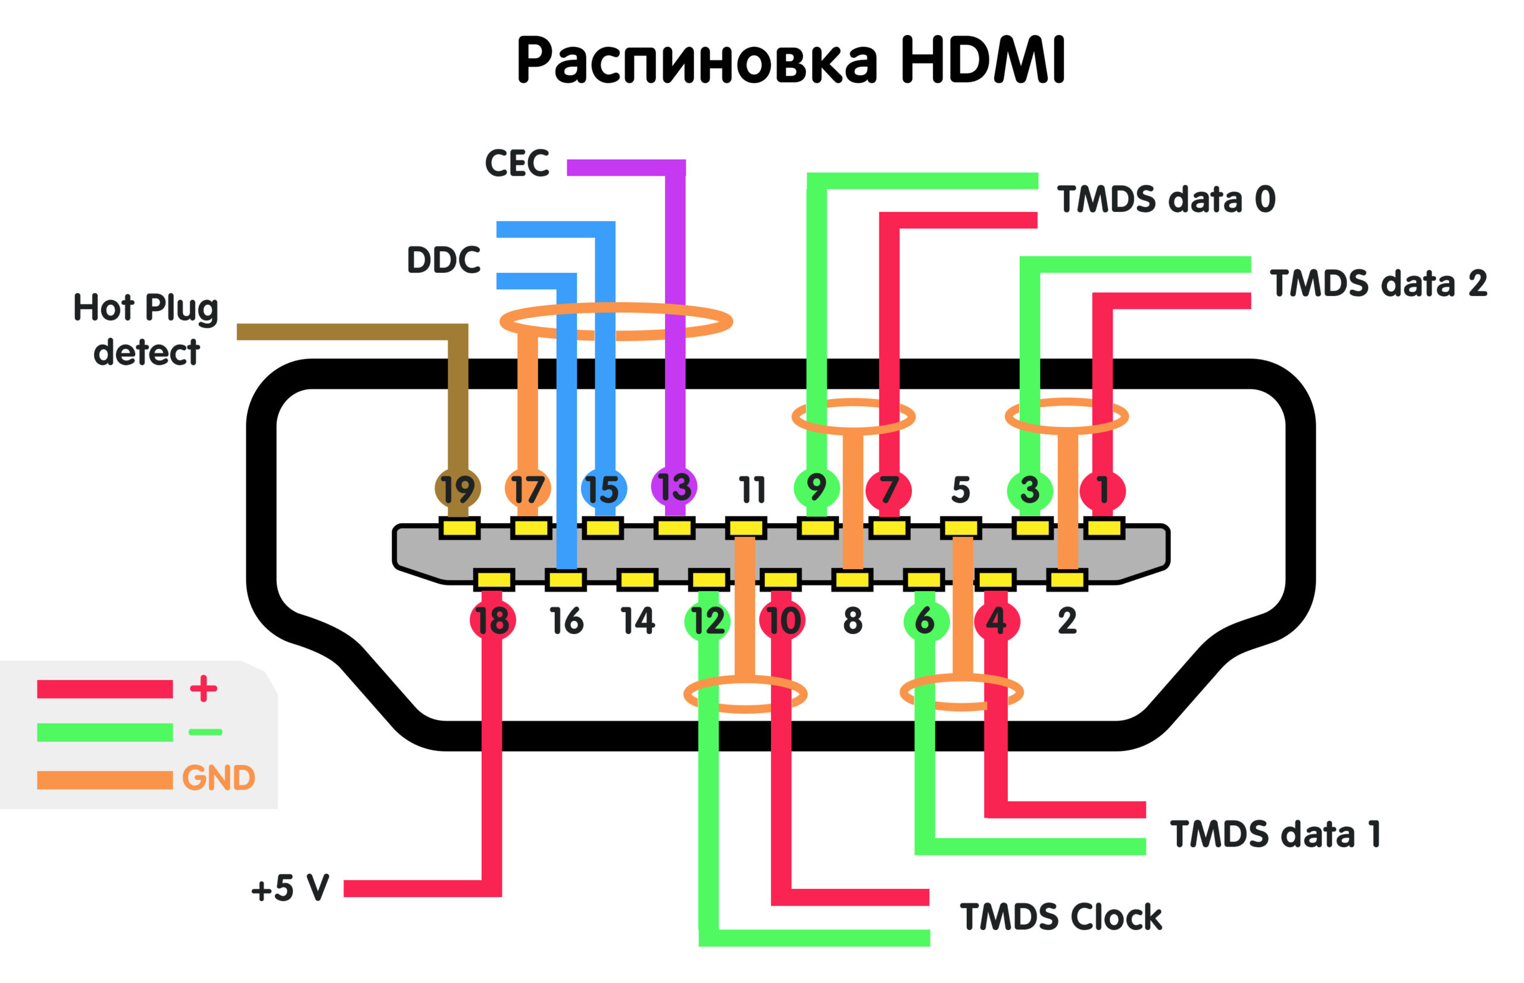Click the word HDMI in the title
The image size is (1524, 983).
tap(983, 61)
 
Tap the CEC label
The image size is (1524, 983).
tap(517, 163)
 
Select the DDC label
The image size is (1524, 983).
tap(444, 260)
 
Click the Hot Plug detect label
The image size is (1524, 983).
tap(146, 329)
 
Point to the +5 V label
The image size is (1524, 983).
tap(291, 888)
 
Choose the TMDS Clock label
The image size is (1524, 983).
tap(1061, 918)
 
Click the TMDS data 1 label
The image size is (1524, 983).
tap(1275, 834)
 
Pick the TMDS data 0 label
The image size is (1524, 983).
tap(1166, 199)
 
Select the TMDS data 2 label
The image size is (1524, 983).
tap(1379, 283)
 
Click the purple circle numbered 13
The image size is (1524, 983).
tap(674, 487)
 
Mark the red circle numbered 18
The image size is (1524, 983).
tap(493, 620)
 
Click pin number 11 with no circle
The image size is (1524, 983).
tap(752, 490)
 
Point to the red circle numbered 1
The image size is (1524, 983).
tap(1102, 490)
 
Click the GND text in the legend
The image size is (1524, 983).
tap(218, 778)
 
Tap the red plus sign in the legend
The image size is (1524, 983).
tap(204, 689)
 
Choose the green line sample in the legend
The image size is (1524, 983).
tap(105, 733)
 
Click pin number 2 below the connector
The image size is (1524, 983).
tap(1067, 621)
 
